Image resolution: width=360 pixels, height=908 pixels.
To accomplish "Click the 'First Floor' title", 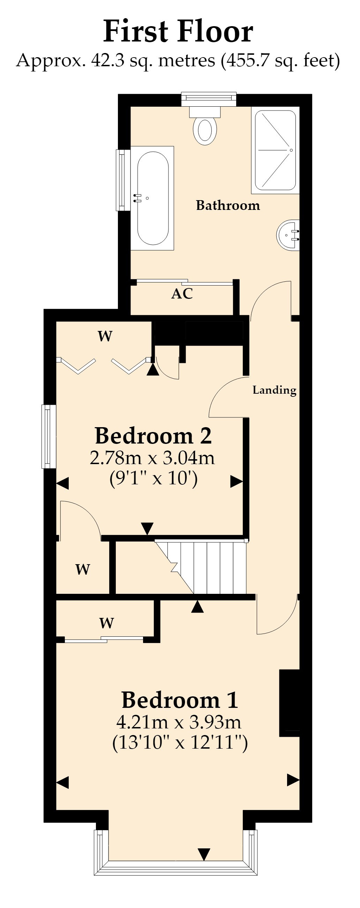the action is coord(178,31).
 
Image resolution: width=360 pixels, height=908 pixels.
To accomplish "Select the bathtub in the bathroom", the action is coord(152,198).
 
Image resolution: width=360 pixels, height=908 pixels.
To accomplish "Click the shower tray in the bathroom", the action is coord(275,150).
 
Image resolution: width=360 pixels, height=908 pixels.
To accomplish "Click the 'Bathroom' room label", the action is coord(228,205).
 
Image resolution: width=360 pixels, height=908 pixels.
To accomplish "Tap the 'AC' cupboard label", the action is coord(182,294).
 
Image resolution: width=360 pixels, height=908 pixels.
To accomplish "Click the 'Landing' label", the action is coord(274,390).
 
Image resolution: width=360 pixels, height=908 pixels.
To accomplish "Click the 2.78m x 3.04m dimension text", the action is coord(152,458).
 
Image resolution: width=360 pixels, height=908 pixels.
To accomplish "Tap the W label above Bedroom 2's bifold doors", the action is coord(105,336).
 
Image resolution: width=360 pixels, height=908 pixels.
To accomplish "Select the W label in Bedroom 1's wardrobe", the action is coord(106,623).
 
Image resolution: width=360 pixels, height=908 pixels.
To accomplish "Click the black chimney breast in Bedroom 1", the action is coord(290,703).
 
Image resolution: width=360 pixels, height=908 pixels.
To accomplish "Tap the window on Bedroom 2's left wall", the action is coord(49,436).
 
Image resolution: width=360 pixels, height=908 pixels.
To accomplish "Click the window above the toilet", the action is coord(209,99).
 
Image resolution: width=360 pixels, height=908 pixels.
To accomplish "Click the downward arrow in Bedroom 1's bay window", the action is coord(204,854).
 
